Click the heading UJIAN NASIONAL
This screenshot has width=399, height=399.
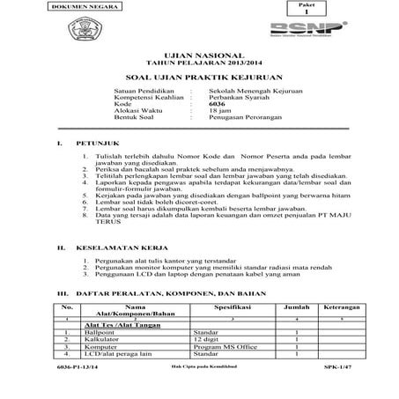pyautogui.click(x=198, y=55)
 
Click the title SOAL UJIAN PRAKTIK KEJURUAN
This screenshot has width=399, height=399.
pyautogui.click(x=198, y=77)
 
